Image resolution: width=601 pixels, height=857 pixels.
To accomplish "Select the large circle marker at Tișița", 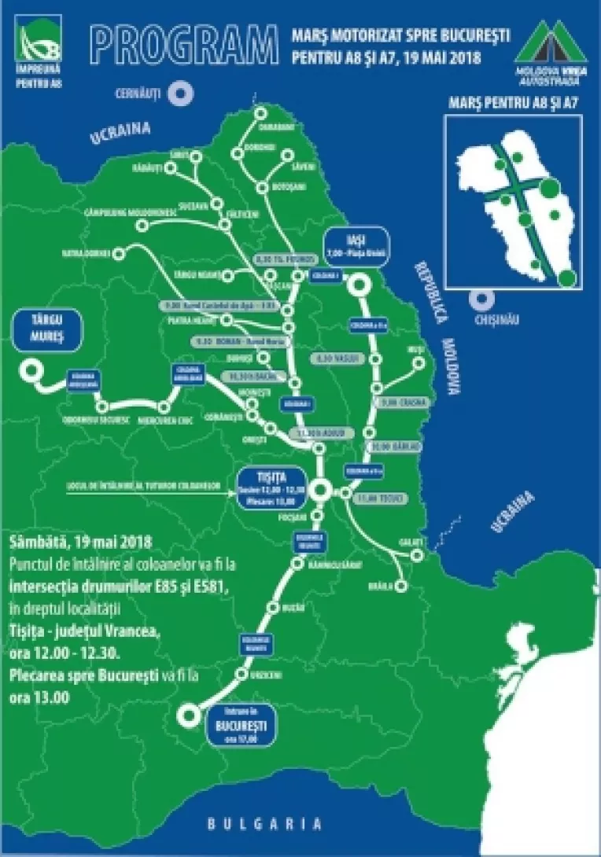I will point(319,491).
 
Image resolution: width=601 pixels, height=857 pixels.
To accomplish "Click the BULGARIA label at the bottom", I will point(264,824).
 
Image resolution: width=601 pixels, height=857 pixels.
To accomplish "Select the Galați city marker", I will point(417,556).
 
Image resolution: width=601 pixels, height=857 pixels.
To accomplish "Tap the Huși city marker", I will point(419,362).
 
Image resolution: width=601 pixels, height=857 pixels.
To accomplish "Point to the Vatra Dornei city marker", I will point(119,254).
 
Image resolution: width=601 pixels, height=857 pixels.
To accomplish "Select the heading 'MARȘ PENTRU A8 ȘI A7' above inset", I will point(514,103).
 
